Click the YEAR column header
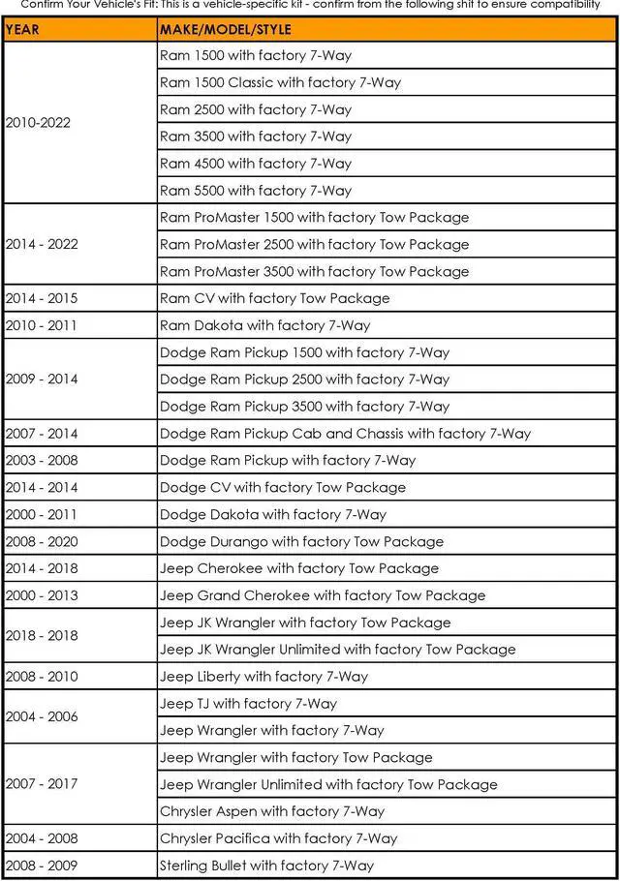pyautogui.click(x=23, y=29)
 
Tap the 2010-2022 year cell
pyautogui.click(x=38, y=123)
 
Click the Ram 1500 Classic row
pyautogui.click(x=280, y=82)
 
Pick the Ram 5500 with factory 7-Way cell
pyautogui.click(x=256, y=191)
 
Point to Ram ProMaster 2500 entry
pyautogui.click(x=314, y=245)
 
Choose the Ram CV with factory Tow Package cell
pyautogui.click(x=274, y=298)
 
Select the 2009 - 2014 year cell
pyautogui.click(x=42, y=380)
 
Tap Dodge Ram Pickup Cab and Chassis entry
pyautogui.click(x=345, y=434)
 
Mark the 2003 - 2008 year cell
pyautogui.click(x=42, y=461)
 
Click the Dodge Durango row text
pyautogui.click(x=301, y=542)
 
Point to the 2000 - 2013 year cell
pyautogui.click(x=42, y=595)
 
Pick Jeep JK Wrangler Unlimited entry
pyautogui.click(x=337, y=650)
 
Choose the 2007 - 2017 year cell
pyautogui.click(x=42, y=784)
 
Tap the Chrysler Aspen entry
pyautogui.click(x=272, y=811)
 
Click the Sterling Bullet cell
pyautogui.click(x=266, y=866)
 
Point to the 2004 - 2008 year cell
pyautogui.click(x=42, y=838)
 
